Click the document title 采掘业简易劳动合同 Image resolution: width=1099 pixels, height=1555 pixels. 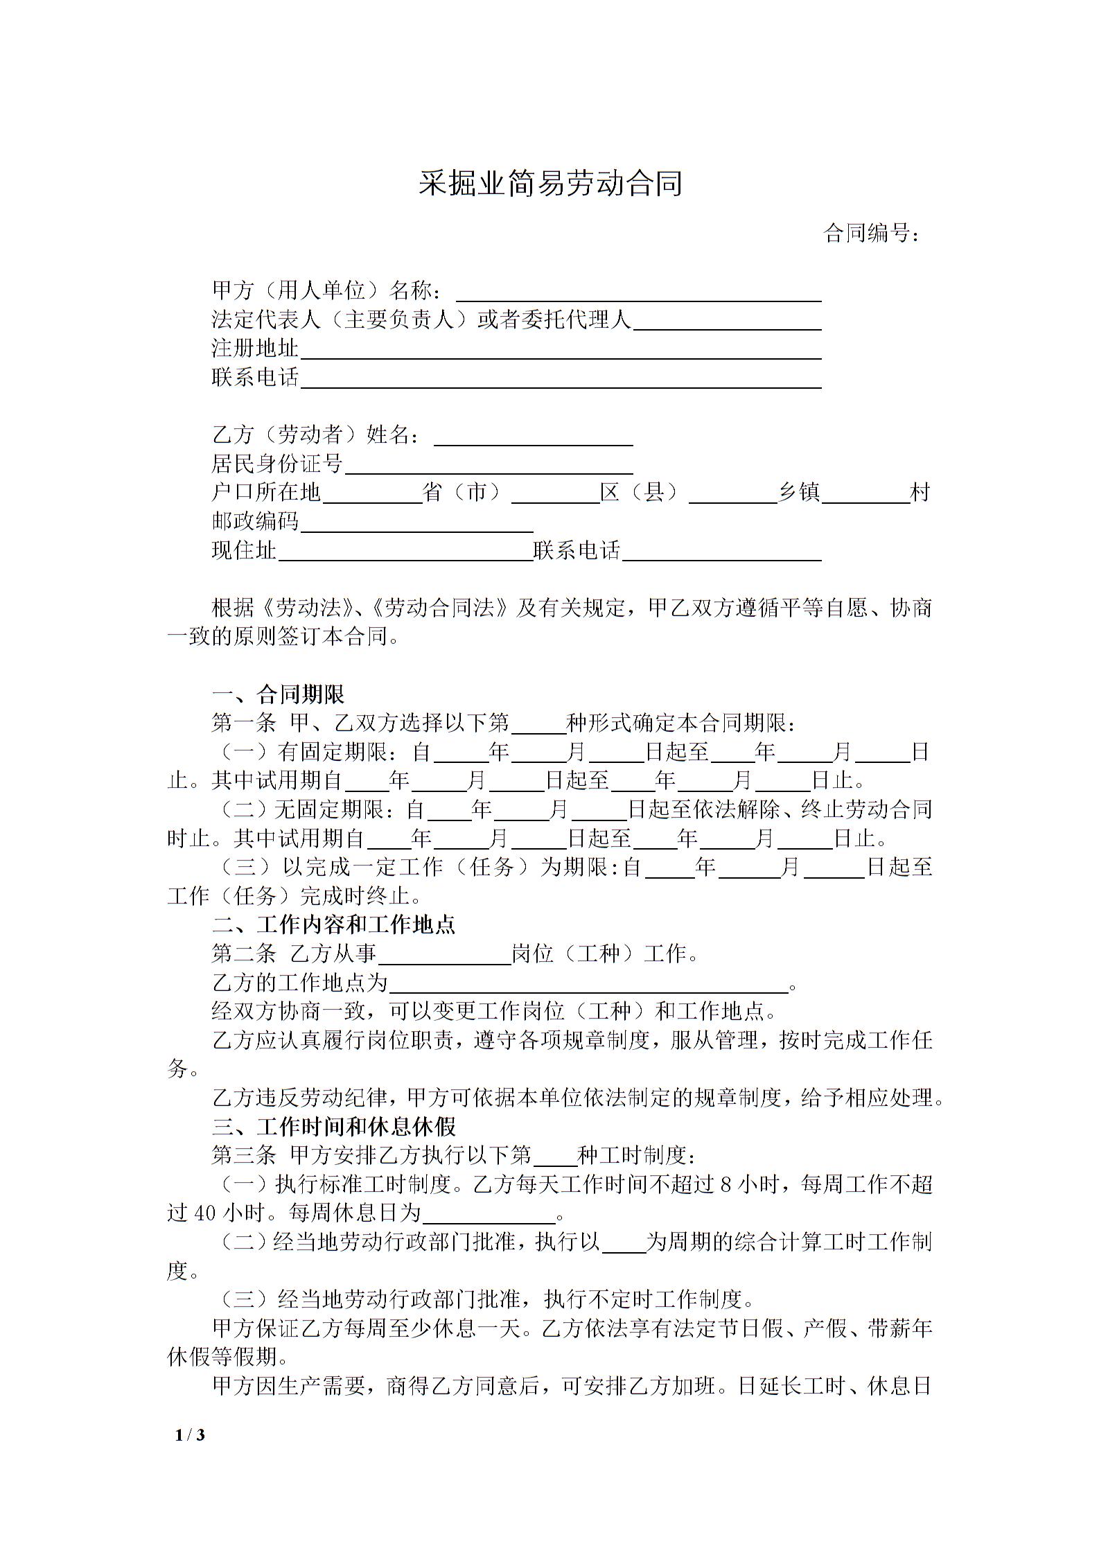click(x=550, y=184)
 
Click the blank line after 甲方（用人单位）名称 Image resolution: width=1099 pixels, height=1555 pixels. click(x=638, y=292)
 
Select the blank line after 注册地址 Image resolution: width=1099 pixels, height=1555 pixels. click(x=560, y=350)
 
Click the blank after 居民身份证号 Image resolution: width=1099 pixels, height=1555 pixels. click(x=489, y=465)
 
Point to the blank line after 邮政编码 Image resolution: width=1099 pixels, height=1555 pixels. click(x=416, y=523)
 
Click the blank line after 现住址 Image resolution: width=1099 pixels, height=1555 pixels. click(x=405, y=552)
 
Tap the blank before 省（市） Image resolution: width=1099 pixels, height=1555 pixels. click(x=372, y=494)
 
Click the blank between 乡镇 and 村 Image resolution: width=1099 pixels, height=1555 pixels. click(x=865, y=494)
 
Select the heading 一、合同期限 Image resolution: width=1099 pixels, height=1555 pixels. click(x=278, y=694)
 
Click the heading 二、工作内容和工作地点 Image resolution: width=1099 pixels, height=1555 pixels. click(x=333, y=924)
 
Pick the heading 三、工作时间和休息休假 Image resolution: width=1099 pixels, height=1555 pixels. click(x=333, y=1127)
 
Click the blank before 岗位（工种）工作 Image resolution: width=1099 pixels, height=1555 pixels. click(x=444, y=956)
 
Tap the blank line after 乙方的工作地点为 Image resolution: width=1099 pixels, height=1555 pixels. click(x=588, y=985)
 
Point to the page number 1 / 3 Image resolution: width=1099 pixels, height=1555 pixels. click(x=191, y=1434)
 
